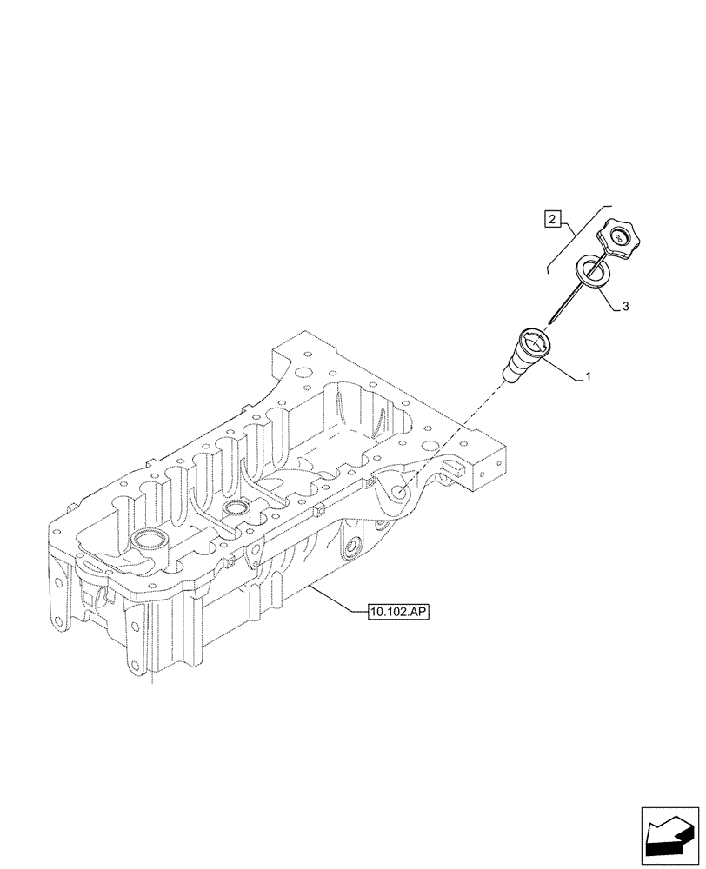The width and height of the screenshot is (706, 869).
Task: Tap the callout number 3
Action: [x=625, y=306]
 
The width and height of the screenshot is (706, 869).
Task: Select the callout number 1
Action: [x=588, y=377]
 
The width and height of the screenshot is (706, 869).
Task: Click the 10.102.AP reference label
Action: [x=398, y=613]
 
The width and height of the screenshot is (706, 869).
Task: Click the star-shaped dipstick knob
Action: [x=616, y=238]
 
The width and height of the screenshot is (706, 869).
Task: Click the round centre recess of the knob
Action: [x=618, y=235]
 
